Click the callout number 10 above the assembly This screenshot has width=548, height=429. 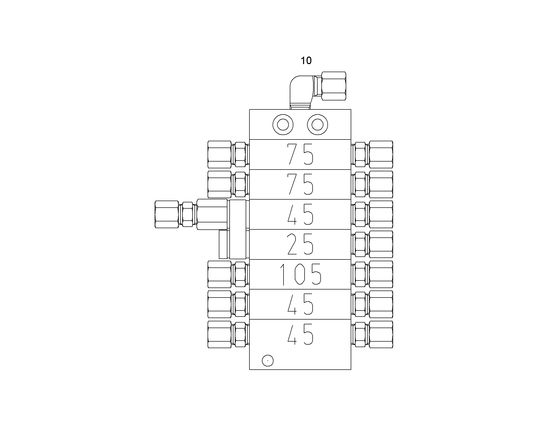click(x=306, y=61)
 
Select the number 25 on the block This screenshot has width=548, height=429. click(x=300, y=244)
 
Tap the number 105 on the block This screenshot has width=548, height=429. click(x=300, y=274)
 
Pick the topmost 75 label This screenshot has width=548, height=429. click(x=300, y=154)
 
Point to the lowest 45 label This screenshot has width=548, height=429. click(x=300, y=334)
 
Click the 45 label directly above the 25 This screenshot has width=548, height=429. click(x=300, y=214)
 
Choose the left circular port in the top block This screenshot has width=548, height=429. click(x=283, y=124)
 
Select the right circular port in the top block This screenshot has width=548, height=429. click(x=317, y=124)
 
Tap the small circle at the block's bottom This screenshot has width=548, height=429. click(x=268, y=361)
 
